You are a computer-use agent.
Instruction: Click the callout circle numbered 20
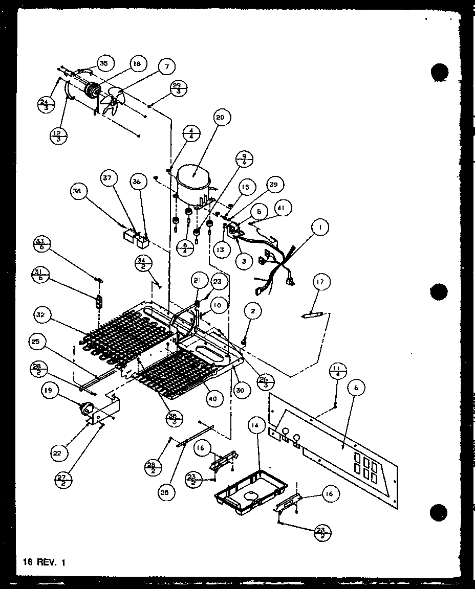click(220, 118)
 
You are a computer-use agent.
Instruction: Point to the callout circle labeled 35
click(103, 64)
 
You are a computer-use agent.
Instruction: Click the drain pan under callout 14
click(248, 488)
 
